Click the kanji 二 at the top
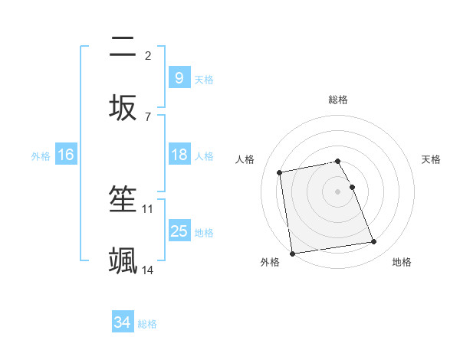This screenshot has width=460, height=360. pos(123,47)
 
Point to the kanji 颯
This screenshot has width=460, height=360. pos(123,260)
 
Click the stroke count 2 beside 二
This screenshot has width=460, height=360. pos(148,55)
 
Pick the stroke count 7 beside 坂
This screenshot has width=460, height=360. pos(148,116)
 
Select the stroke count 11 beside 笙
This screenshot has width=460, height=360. pos(148,208)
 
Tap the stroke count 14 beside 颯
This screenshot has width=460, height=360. pos(148,270)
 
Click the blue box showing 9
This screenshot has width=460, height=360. pos(179,77)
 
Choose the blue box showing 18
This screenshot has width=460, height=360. pos(179,155)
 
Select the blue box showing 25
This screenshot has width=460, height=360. pos(179,231)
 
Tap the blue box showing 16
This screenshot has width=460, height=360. pos(66,155)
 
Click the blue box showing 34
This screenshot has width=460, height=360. pos(122,323)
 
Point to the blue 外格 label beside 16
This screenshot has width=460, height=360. pos(41,156)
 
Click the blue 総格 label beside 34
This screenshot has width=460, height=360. pos(147,324)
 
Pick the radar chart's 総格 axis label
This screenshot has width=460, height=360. pos(338,100)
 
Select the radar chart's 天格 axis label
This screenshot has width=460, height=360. pos(431,159)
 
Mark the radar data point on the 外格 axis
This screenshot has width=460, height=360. pos(292,253)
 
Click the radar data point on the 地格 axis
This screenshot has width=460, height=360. pos(374,243)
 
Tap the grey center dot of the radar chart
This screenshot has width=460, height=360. pos(338,191)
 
